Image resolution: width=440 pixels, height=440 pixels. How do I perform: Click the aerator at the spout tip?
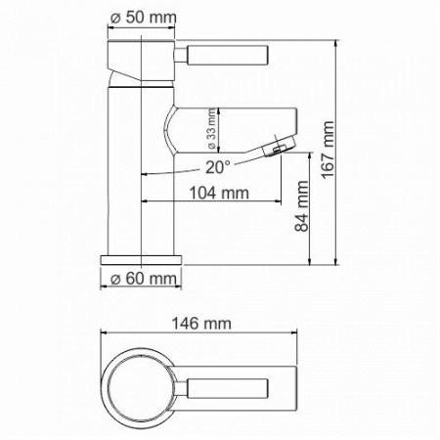[281, 147]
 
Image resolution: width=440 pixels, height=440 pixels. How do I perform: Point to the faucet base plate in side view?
[142, 261]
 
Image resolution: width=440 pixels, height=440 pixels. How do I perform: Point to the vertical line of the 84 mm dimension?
[311, 210]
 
